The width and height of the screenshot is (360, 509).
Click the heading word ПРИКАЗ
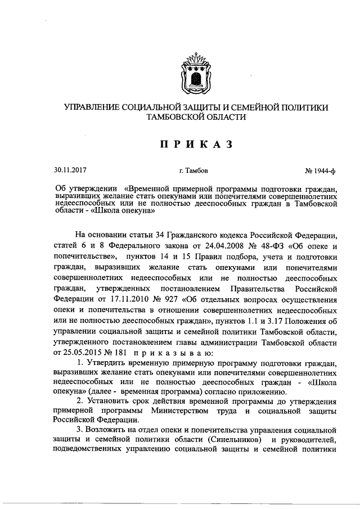(195, 145)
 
